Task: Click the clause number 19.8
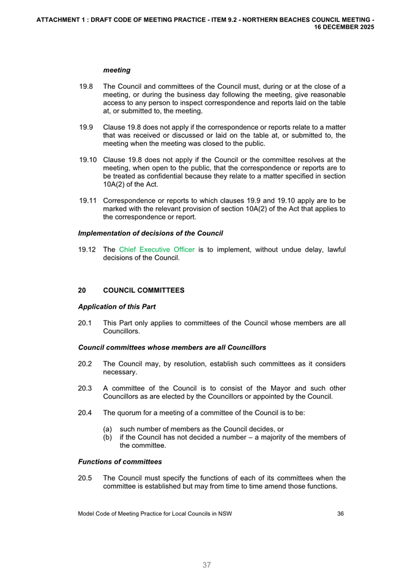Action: click(x=86, y=86)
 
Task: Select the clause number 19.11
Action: click(x=88, y=200)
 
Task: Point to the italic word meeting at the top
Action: click(x=117, y=70)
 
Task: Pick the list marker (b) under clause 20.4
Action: click(x=108, y=437)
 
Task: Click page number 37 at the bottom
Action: click(x=207, y=565)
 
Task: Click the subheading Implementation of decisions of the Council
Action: click(x=151, y=233)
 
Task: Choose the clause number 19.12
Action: click(x=88, y=249)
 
